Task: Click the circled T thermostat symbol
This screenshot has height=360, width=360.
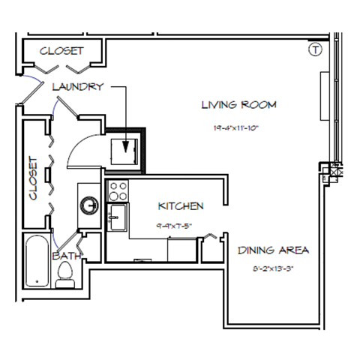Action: pyautogui.click(x=315, y=50)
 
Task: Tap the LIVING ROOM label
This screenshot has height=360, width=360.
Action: pyautogui.click(x=238, y=105)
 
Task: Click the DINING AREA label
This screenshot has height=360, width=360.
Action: pyautogui.click(x=273, y=250)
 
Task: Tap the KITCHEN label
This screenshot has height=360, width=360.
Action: pyautogui.click(x=181, y=205)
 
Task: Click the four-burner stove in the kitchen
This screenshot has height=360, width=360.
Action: pyautogui.click(x=118, y=190)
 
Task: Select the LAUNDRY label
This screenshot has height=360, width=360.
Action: pyautogui.click(x=77, y=87)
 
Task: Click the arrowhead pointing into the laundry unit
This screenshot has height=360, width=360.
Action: pyautogui.click(x=126, y=147)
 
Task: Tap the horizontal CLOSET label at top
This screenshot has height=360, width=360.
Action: pyautogui.click(x=61, y=51)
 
